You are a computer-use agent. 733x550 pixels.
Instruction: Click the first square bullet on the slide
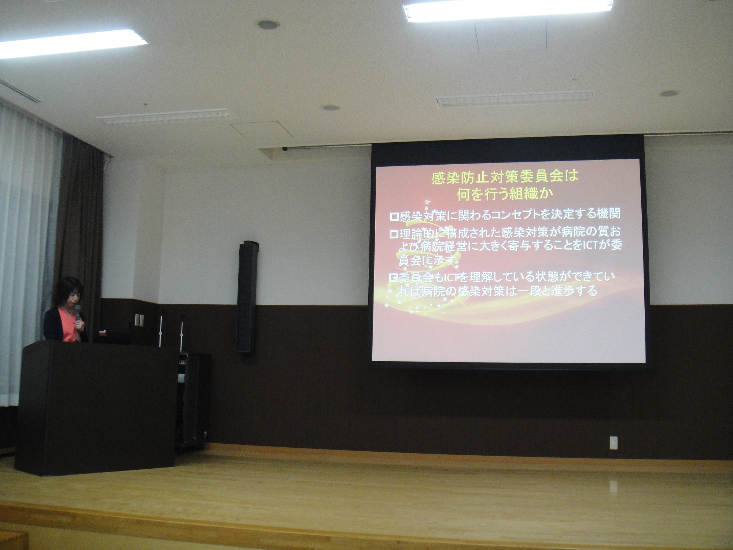[x=394, y=217]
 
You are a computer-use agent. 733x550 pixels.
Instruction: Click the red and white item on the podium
[x=103, y=333]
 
